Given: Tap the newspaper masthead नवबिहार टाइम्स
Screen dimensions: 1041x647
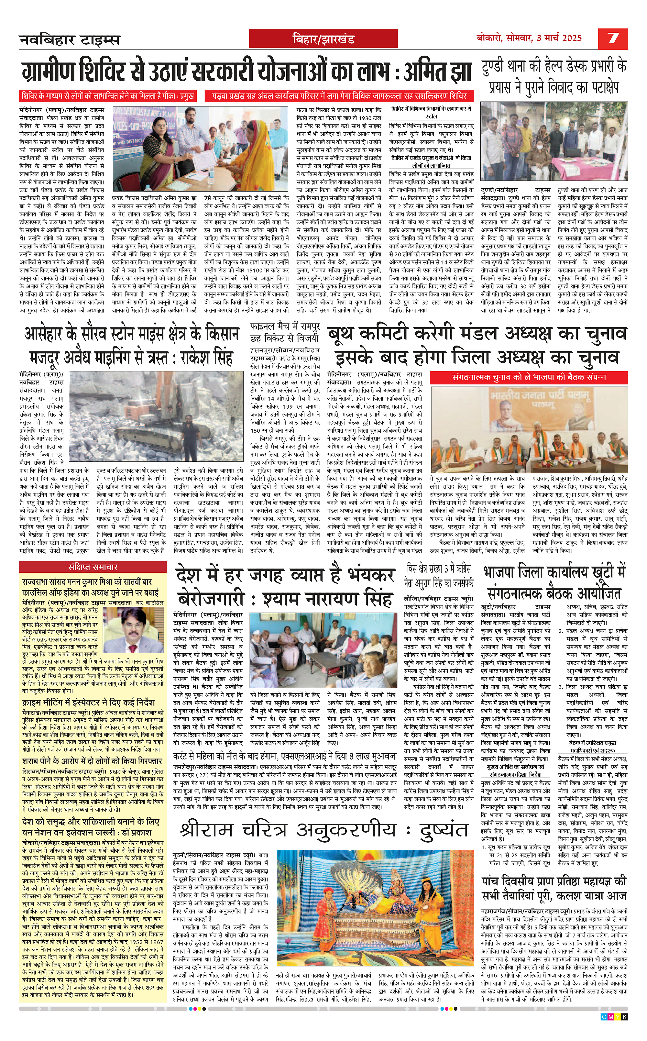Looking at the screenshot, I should click(x=70, y=40).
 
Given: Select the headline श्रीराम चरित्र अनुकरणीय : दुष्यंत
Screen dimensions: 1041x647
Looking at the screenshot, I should click(x=323, y=830).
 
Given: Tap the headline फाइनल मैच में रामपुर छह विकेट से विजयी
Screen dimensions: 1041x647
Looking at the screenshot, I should click(x=285, y=333).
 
